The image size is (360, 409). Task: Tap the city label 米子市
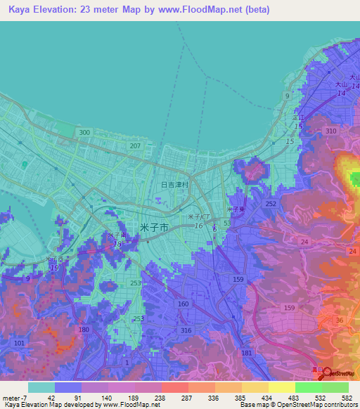[154, 228]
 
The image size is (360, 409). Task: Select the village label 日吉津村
[173, 185]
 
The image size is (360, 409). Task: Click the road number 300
[85, 133]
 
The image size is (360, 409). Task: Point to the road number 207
[136, 146]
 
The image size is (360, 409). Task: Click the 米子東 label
[236, 209]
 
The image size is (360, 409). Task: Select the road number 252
[271, 203]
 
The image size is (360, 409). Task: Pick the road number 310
[331, 131]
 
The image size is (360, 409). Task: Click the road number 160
[184, 304]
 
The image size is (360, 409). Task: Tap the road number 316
[186, 331]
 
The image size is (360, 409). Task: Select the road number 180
[84, 330]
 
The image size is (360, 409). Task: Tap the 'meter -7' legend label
[14, 397]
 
